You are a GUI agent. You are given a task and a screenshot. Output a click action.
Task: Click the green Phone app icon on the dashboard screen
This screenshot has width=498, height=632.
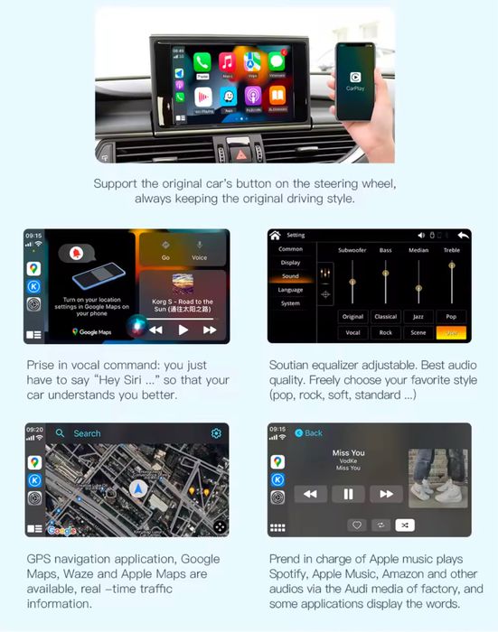coord(202,63)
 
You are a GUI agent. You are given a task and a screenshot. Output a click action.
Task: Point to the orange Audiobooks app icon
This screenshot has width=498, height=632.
coord(277,95)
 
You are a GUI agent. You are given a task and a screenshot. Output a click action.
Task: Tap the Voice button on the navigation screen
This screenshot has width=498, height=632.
coord(199,249)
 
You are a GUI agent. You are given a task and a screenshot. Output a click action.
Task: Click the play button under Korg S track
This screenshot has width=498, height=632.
coord(183,330)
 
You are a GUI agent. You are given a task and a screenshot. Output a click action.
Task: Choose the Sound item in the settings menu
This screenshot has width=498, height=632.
coord(290,276)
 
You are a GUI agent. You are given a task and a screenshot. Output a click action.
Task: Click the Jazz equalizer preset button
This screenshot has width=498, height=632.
coord(418,317)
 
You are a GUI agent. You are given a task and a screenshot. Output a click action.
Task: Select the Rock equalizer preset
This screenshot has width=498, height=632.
coord(385,332)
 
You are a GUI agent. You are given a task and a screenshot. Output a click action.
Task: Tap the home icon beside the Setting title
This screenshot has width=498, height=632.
coord(275,235)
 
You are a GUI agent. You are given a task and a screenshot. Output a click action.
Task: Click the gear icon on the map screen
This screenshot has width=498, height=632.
coord(216,433)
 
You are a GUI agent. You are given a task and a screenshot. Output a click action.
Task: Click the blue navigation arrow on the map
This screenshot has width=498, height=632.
coord(137,488)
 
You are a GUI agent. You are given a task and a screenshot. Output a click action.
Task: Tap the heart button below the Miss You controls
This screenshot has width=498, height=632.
coord(358,525)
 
